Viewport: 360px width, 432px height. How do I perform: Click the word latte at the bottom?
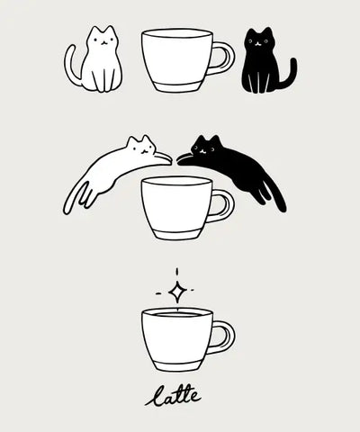pos(173,396)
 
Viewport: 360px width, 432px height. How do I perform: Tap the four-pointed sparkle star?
pos(177,291)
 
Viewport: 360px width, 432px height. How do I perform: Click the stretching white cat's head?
pos(141,146)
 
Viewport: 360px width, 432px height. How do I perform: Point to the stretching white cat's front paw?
pos(165,158)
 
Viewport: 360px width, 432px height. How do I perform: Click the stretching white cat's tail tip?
pos(66,210)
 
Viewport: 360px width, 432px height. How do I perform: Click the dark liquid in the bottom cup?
pos(177,314)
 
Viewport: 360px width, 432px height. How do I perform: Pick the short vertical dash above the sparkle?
pos(177,272)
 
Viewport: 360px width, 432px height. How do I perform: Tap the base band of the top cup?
pos(177,86)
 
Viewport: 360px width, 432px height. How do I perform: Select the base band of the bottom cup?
pos(178,365)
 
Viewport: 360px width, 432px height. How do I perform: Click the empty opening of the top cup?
pos(177,33)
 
